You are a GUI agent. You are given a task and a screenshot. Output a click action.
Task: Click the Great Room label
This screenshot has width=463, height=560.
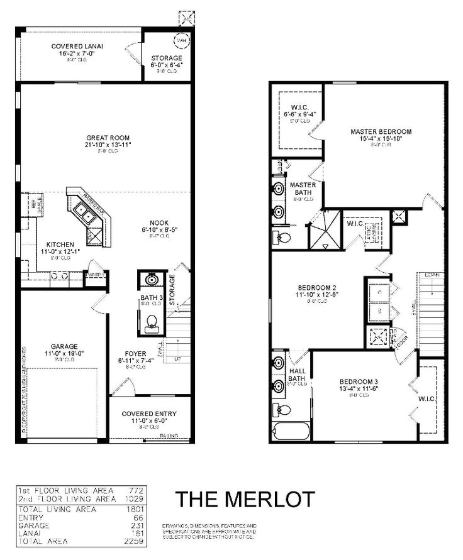[104, 137]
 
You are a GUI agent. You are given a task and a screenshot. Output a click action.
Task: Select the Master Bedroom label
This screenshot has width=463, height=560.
[381, 131]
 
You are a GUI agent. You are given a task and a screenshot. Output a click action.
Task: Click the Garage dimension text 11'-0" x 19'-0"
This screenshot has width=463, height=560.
[64, 354]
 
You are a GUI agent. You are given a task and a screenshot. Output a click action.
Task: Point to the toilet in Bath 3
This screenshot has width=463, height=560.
[151, 324]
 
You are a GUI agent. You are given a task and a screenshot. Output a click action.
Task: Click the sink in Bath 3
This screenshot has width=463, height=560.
[151, 280]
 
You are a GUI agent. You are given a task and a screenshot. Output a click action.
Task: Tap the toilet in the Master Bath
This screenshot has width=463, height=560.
[282, 237]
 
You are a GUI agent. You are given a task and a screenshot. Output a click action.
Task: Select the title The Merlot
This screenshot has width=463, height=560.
[245, 498]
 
